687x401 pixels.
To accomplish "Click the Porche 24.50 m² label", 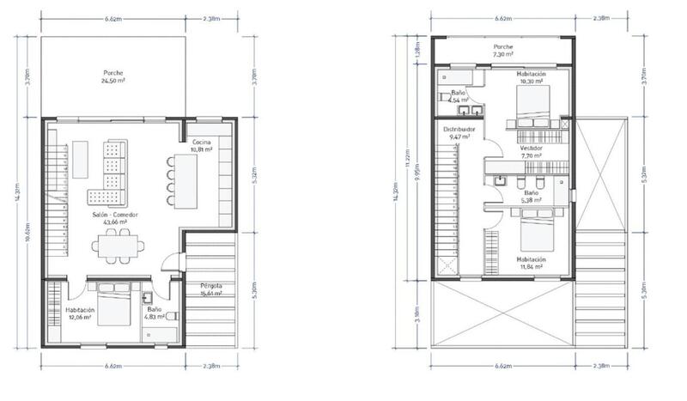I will [114, 77].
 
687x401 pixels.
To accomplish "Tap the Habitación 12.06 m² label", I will [80, 313].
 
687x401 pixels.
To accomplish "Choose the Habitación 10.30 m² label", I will [532, 78].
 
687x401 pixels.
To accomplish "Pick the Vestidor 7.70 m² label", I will [532, 152].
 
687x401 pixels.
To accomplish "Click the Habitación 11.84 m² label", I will [532, 262].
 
